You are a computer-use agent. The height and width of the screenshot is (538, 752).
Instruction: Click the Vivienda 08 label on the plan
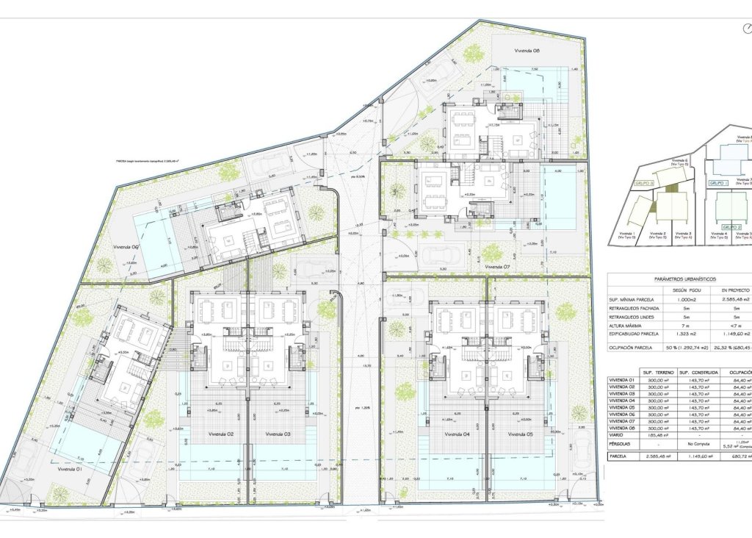click(507, 51)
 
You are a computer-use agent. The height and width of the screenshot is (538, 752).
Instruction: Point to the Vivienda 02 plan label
click(220, 434)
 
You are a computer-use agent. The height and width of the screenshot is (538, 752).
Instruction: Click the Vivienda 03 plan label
click(278, 434)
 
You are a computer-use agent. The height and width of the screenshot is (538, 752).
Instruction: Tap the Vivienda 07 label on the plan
click(497, 267)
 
